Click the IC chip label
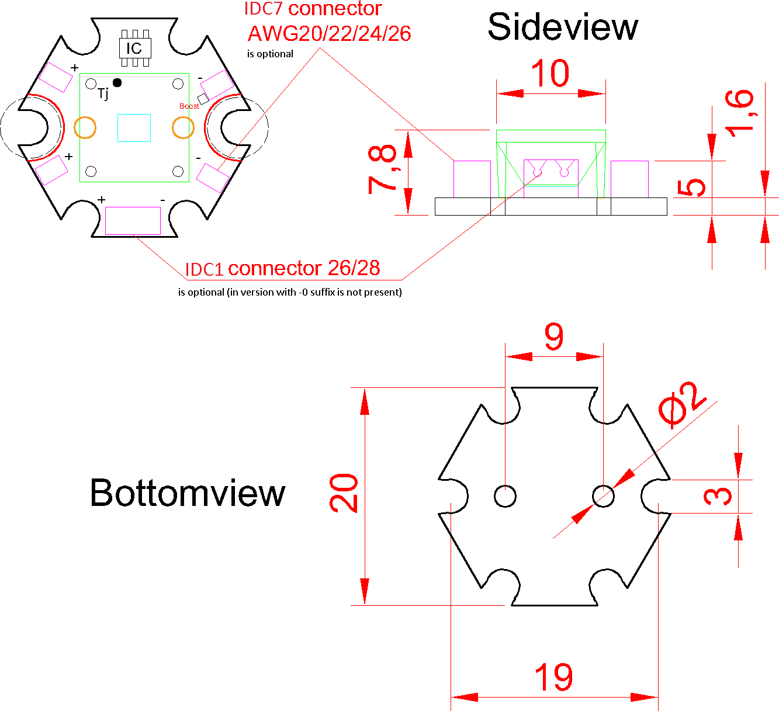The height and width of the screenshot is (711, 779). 134,48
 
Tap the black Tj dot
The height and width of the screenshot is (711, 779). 117,83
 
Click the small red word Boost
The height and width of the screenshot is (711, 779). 189,106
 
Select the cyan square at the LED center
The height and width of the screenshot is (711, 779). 134,128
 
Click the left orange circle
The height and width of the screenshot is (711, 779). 85,127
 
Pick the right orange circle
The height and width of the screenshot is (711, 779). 183,128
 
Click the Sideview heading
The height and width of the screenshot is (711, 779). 562,27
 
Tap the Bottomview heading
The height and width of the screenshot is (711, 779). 187,493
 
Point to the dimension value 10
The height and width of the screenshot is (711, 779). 550,74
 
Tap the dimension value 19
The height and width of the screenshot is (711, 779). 553,678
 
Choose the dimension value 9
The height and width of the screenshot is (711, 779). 553,337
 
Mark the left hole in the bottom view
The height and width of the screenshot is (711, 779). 505,496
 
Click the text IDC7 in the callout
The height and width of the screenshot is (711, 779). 264,9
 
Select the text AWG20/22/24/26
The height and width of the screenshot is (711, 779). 329,34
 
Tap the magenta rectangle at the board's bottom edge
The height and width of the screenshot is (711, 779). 133,221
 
